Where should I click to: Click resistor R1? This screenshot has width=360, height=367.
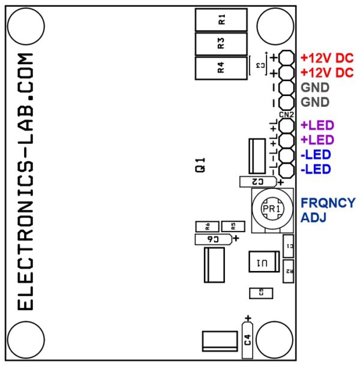pyautogui.click(x=221, y=19)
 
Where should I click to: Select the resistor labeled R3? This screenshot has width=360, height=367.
pyautogui.click(x=221, y=43)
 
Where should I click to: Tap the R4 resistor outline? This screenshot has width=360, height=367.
pyautogui.click(x=221, y=67)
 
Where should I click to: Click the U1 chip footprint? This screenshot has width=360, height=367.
pyautogui.click(x=263, y=263)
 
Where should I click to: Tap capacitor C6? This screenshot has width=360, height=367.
pyautogui.click(x=213, y=239)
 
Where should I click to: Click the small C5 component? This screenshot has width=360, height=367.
pyautogui.click(x=260, y=292)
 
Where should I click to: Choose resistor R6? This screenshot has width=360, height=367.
pyautogui.click(x=207, y=226)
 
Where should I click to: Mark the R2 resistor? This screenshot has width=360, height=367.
pyautogui.click(x=289, y=270)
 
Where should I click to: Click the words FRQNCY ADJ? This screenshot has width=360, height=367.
pyautogui.click(x=327, y=210)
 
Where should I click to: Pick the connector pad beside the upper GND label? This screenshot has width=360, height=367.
pyautogui.click(x=286, y=88)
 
